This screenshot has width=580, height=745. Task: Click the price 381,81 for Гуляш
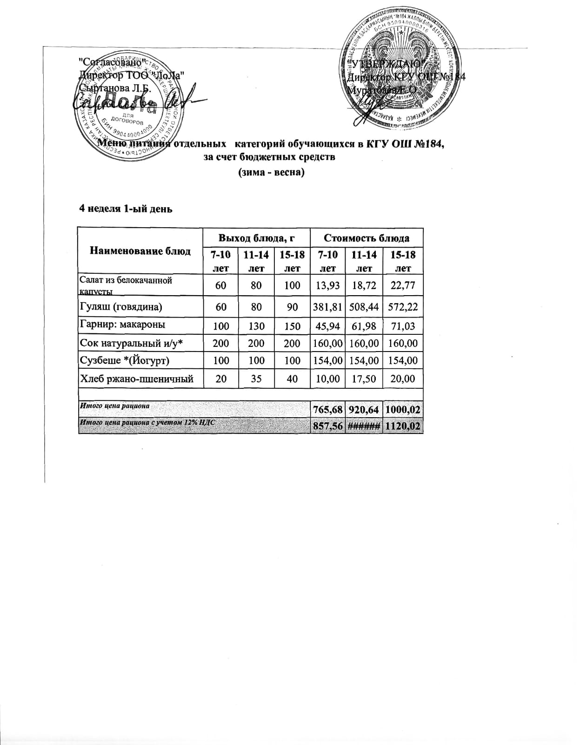[328, 307]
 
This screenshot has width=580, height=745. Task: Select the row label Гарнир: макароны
[123, 325]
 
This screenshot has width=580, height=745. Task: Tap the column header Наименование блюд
[140, 251]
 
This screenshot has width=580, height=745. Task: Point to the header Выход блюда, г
[257, 238]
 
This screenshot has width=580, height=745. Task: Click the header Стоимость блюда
[367, 238]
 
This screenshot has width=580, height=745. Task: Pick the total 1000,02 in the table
[403, 410]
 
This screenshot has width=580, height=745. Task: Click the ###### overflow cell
[364, 427]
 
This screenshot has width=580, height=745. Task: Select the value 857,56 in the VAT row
[328, 427]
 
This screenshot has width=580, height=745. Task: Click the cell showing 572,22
[403, 307]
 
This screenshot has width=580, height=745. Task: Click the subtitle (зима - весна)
[271, 173]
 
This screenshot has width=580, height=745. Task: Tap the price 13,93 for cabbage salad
[328, 285]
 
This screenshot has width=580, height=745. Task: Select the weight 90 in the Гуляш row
[292, 307]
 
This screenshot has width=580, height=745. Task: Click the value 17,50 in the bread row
[364, 379]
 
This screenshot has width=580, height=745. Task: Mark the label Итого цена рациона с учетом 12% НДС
[147, 423]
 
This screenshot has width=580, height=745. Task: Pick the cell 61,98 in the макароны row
[364, 325]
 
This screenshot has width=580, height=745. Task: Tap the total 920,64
[364, 410]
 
